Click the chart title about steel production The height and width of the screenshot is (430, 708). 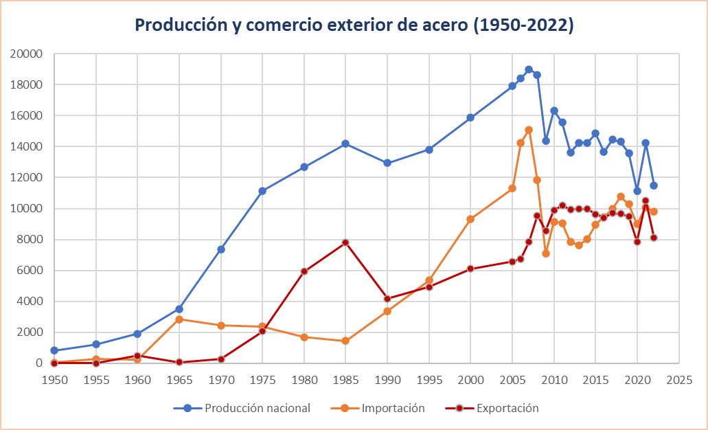[354, 26]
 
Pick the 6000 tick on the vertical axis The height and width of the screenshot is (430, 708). [32, 270]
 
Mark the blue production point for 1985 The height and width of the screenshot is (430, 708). [345, 144]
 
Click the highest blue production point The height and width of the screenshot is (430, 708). [529, 69]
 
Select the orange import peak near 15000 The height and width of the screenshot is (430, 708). [529, 130]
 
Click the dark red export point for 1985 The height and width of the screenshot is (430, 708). [345, 242]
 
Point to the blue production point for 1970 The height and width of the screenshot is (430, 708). [220, 249]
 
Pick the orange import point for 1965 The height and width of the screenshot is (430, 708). [179, 319]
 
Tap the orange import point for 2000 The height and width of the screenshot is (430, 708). [470, 219]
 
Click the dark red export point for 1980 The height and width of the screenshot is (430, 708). [304, 271]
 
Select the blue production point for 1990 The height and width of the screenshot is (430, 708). [387, 163]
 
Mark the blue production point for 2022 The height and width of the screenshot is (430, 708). [654, 185]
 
